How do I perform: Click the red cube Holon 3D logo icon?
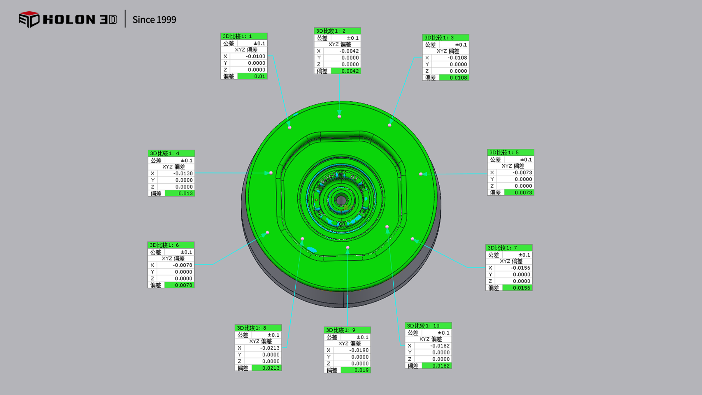(x=29, y=19)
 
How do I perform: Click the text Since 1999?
(x=154, y=20)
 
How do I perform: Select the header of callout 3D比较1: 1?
(x=244, y=36)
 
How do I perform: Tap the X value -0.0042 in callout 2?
(x=349, y=51)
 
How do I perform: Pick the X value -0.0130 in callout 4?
(x=183, y=173)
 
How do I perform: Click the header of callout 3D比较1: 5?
(x=510, y=152)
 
